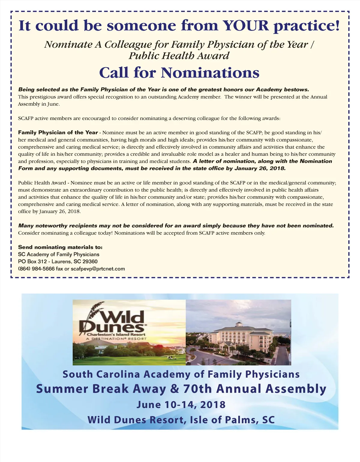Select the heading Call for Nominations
click(179, 73)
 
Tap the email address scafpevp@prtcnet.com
click(98, 269)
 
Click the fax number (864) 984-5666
click(36, 269)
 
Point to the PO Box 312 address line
click(58, 262)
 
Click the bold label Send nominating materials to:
click(60, 247)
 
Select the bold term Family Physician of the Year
click(58, 133)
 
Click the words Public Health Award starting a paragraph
click(42, 183)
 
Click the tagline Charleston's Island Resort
click(116, 334)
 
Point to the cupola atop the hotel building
click(239, 324)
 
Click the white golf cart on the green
click(171, 357)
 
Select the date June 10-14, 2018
click(181, 405)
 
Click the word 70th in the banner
click(197, 389)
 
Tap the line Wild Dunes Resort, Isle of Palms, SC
click(181, 420)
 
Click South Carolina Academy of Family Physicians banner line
click(181, 374)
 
